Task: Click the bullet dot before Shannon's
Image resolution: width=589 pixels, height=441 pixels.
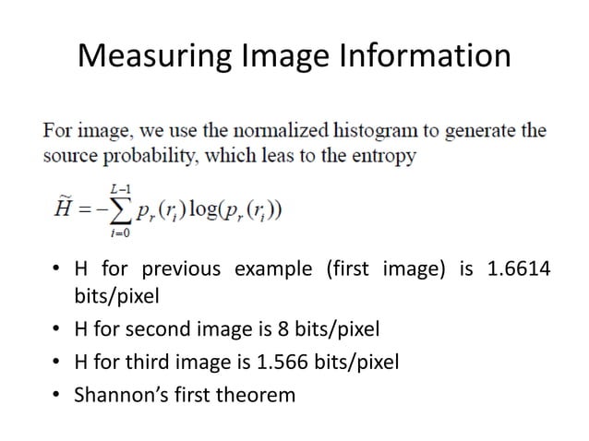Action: tap(56, 396)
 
